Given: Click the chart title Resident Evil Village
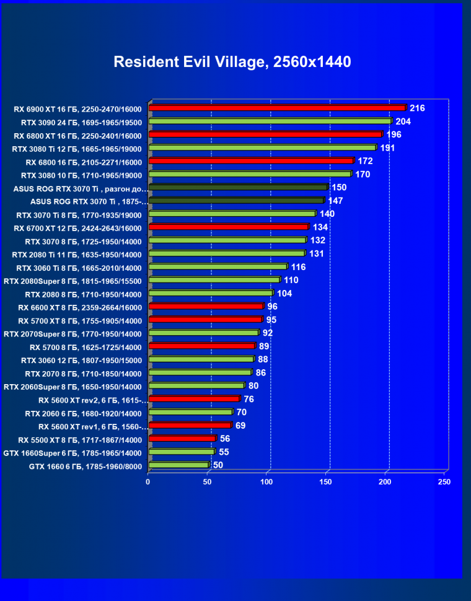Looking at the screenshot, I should coord(232,62).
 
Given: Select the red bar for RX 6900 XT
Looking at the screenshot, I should coord(277,108).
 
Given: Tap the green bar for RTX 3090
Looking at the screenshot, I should coord(270,121).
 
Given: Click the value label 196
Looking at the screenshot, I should coord(394,134).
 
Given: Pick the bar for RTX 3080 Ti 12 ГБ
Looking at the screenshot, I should coord(262,148).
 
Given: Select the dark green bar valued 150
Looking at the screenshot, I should coord(238,187).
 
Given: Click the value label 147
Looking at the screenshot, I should coord(336,201).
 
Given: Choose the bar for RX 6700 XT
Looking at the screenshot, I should coord(228,227).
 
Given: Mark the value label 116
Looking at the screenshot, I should coord(299,266).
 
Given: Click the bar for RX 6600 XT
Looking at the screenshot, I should coord(206,306).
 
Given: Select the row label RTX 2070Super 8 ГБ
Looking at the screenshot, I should coord(73,333).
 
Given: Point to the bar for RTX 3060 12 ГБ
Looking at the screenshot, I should coord(201,359).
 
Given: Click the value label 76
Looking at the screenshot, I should coord(249,399).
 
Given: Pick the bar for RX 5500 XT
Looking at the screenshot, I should coord(182,439).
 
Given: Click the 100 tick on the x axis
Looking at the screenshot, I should coord(266,481).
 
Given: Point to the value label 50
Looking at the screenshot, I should coord(218,465).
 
